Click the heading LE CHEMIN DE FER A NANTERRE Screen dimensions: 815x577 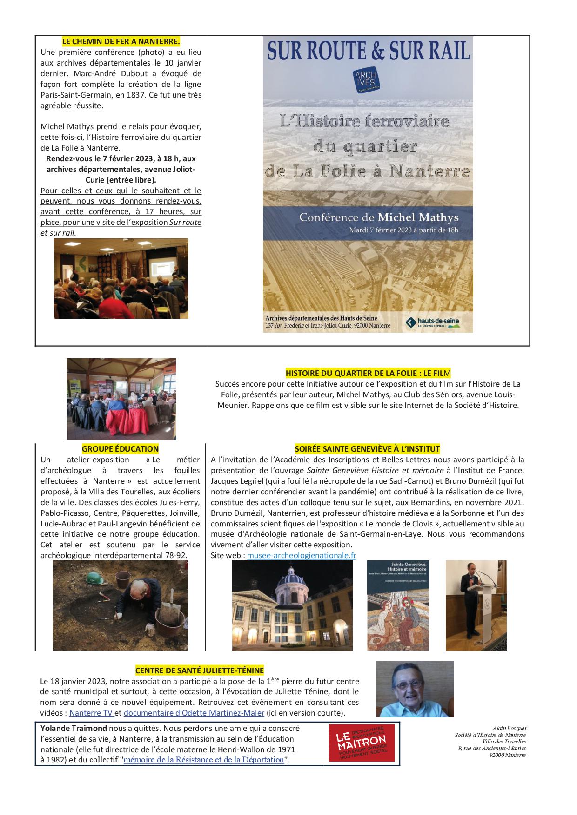tap(121, 41)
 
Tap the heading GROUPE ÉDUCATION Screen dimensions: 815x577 tap(120, 449)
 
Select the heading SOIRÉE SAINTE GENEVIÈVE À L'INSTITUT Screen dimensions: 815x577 tap(367, 449)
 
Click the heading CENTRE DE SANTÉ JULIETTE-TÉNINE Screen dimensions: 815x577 tap(199, 670)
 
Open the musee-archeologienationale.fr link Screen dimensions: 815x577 tap(302, 555)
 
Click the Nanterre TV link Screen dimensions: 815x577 tap(91, 713)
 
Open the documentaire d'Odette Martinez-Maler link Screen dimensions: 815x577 tap(194, 713)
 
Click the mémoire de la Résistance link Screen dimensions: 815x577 tap(204, 760)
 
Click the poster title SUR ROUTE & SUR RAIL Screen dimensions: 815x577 tap(368, 52)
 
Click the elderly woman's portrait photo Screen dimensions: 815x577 tap(415, 690)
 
